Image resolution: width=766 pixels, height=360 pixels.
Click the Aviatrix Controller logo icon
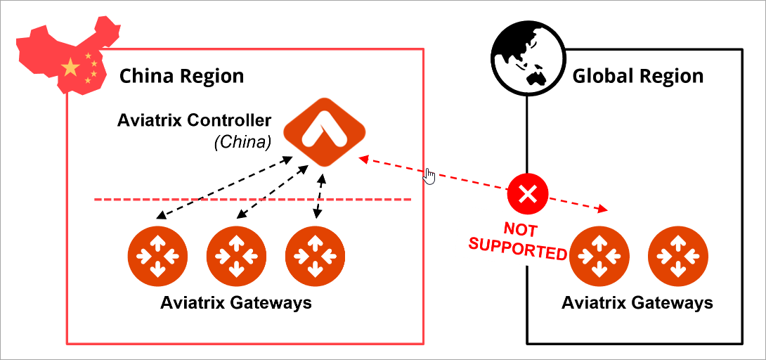click(324, 131)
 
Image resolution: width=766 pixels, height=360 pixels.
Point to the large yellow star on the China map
click(70, 67)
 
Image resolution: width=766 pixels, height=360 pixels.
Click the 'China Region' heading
click(181, 76)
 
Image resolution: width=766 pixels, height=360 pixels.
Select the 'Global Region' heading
click(637, 76)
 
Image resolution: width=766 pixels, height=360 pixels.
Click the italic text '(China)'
click(242, 142)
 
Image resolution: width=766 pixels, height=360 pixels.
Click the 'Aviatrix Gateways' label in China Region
click(235, 304)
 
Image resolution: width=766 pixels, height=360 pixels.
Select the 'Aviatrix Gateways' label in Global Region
click(637, 304)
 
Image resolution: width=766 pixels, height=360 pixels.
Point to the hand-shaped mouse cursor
click(429, 176)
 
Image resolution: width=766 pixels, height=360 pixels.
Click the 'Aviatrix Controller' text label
click(193, 120)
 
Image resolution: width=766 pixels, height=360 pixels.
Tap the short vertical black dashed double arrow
click(320, 196)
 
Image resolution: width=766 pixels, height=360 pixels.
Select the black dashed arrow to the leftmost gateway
click(225, 188)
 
